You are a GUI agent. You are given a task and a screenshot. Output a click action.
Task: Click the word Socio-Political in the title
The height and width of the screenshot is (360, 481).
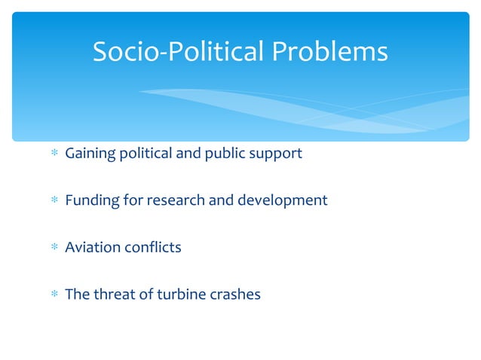tap(178, 52)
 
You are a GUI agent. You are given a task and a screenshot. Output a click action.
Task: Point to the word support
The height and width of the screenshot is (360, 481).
tap(275, 154)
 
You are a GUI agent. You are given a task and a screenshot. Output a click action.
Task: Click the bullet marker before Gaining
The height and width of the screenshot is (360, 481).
tap(54, 154)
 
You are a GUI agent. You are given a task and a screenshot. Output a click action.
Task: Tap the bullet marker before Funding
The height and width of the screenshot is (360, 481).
tap(54, 201)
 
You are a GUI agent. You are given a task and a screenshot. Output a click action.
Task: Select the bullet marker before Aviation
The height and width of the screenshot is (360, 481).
tap(54, 248)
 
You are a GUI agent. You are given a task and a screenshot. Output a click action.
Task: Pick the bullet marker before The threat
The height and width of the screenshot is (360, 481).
tap(54, 294)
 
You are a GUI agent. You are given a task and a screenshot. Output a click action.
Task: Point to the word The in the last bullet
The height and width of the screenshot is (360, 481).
tap(78, 294)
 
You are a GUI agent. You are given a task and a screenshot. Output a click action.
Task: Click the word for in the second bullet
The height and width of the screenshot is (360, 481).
tap(133, 200)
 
